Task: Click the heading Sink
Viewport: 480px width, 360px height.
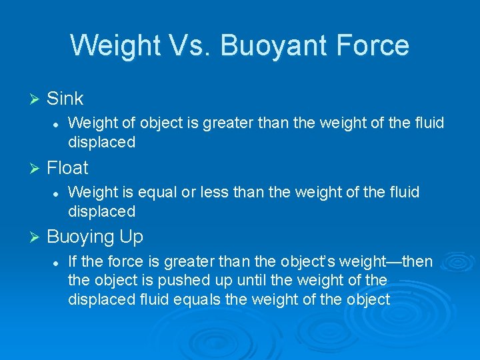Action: click(x=65, y=99)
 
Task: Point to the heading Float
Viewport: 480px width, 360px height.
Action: click(x=67, y=167)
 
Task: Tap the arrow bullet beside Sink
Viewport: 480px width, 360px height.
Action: click(x=36, y=99)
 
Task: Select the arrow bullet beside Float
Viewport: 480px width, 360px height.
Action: click(x=36, y=168)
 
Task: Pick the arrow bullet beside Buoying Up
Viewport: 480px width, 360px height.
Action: click(x=36, y=237)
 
